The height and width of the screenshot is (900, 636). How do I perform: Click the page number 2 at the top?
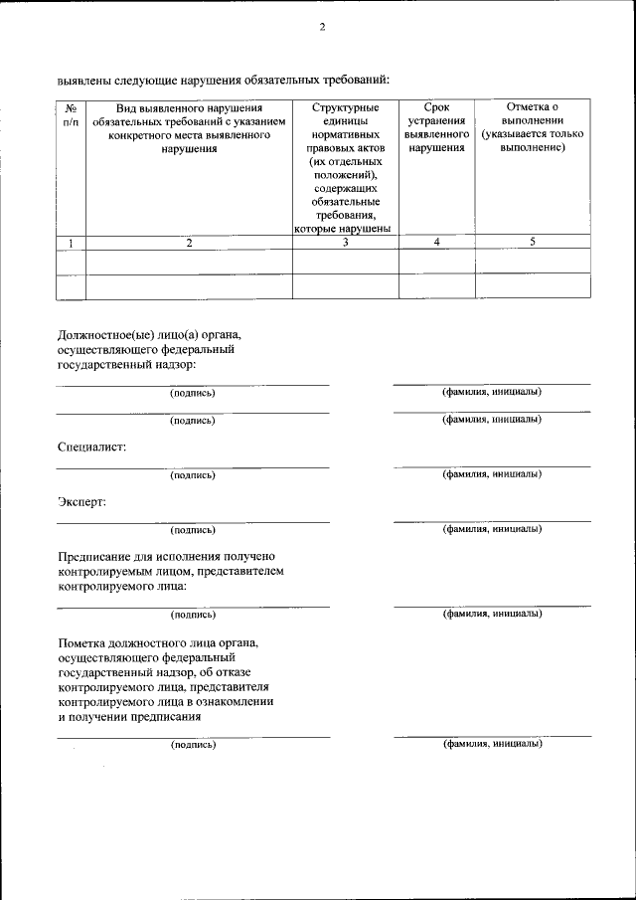coord(322,27)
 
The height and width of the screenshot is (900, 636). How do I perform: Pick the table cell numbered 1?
coord(71,242)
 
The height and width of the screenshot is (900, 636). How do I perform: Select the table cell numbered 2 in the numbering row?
coord(189,242)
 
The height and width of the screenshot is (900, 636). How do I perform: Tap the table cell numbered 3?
coord(345,242)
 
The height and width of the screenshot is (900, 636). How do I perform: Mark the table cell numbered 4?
coord(436,242)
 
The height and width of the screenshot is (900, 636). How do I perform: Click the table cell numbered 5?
coord(533,242)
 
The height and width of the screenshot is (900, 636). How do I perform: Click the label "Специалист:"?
coord(91,448)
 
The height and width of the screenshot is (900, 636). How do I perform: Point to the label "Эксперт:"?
coord(81,502)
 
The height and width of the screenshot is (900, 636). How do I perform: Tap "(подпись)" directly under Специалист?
coord(192,475)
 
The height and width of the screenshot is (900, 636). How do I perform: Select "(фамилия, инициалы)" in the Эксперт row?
coord(492,529)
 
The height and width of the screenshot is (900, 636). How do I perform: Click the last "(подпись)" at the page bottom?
coord(192,744)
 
